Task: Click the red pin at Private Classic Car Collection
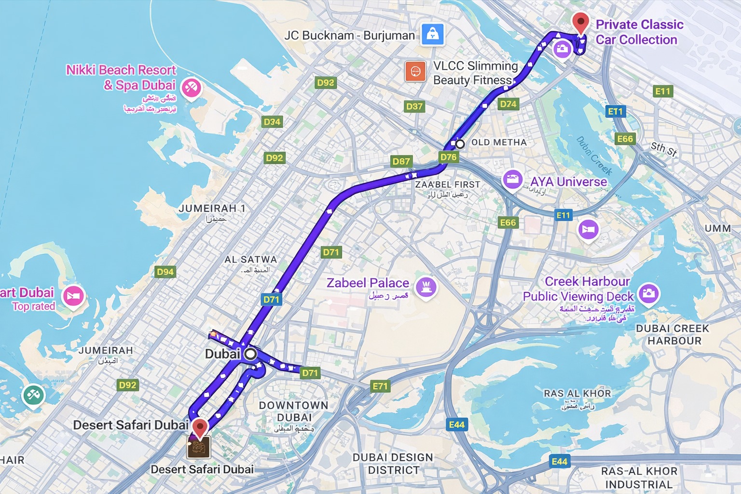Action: pyautogui.click(x=580, y=22)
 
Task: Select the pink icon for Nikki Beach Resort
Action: pyautogui.click(x=191, y=88)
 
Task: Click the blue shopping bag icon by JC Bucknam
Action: pyautogui.click(x=432, y=34)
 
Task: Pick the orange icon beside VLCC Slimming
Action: pyautogui.click(x=415, y=72)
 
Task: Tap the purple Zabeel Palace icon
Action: pyautogui.click(x=426, y=287)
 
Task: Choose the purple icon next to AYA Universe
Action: pyautogui.click(x=512, y=179)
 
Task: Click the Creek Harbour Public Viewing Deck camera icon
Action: pyautogui.click(x=648, y=293)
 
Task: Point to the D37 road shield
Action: pyautogui.click(x=414, y=106)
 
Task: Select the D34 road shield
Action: pyautogui.click(x=272, y=122)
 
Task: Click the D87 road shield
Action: pyautogui.click(x=401, y=161)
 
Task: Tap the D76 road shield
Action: pyautogui.click(x=448, y=157)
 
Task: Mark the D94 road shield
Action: pyautogui.click(x=165, y=272)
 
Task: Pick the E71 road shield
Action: pyautogui.click(x=380, y=386)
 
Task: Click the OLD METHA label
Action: pyautogui.click(x=499, y=142)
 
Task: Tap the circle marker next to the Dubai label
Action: pyautogui.click(x=250, y=354)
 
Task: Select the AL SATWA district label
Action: pyautogui.click(x=250, y=260)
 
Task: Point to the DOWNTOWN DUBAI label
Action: pyautogui.click(x=294, y=411)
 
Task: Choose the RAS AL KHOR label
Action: pyautogui.click(x=577, y=394)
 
